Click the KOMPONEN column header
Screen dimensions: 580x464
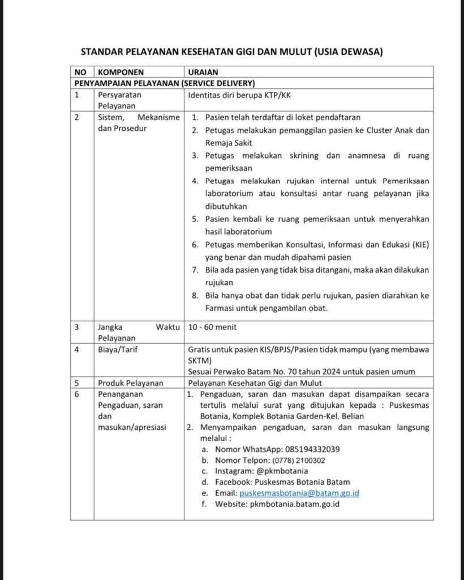coord(121,72)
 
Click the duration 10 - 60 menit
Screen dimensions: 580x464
coord(212,327)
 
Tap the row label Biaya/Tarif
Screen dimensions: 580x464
coord(118,349)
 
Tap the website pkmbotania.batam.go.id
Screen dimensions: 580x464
coord(294,504)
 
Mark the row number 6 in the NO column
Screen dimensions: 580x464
coord(77,394)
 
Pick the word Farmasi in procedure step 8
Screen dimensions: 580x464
coord(220,308)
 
